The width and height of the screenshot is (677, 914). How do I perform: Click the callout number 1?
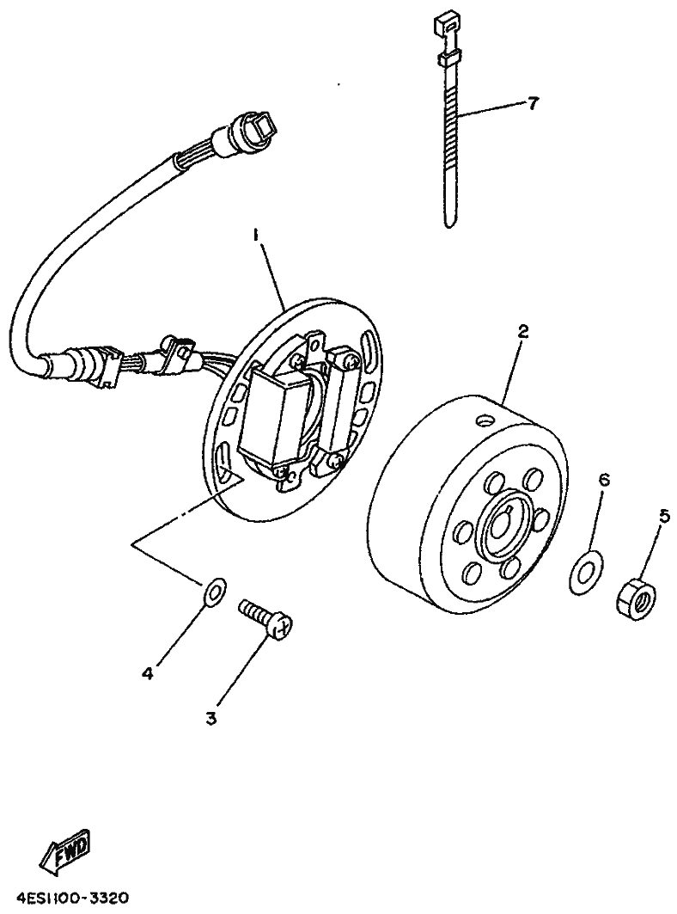point(254,234)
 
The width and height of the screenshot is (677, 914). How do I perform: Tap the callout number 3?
point(211,717)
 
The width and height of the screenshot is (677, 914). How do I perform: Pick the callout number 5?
point(663,517)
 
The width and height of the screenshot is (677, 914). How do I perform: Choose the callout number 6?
point(603,479)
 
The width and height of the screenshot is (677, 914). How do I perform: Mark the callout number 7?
point(532,103)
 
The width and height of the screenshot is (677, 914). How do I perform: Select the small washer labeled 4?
point(213,591)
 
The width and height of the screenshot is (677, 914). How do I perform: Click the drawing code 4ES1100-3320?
point(71,899)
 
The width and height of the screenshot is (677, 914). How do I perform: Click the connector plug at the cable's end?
point(253,130)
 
